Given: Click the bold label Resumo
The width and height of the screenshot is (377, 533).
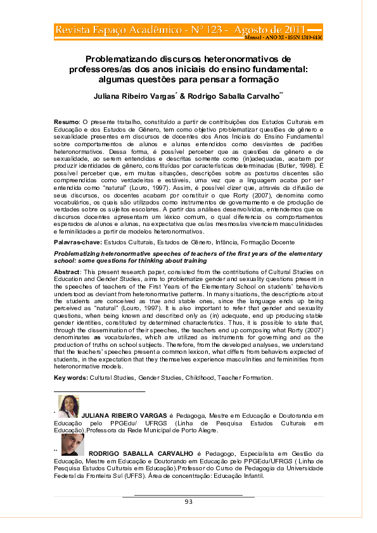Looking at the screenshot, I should tap(66, 120).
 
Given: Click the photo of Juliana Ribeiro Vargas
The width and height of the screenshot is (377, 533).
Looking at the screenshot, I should tap(68, 406).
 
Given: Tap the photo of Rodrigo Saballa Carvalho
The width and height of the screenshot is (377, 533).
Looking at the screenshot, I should tap(72, 444).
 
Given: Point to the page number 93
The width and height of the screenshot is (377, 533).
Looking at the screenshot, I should tap(188, 501).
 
